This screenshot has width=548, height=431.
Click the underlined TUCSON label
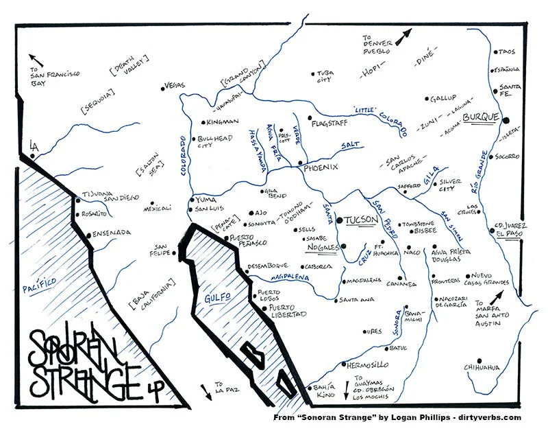point(360,220)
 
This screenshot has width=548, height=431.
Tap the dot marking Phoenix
point(301,163)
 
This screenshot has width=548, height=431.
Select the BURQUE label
point(480,118)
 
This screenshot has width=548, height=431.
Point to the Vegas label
point(176,86)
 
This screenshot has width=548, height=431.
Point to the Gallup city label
point(443,99)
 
